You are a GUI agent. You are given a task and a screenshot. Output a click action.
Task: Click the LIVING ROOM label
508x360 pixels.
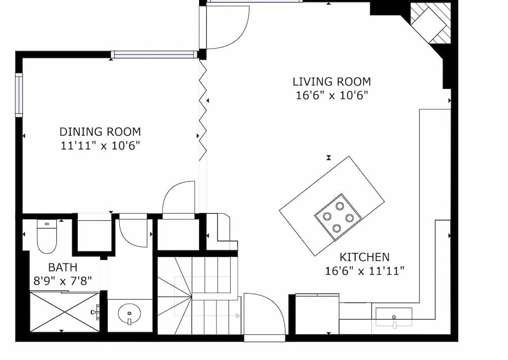331,81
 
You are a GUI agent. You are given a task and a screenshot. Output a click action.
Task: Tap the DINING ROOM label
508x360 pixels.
100,132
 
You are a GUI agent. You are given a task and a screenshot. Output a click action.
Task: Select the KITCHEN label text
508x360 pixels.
364,257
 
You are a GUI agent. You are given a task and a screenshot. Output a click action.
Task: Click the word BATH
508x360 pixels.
62,267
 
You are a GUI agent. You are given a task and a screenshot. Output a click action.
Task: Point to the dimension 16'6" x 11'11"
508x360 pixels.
364,271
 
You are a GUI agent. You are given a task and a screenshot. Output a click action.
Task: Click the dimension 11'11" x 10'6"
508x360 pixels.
100,146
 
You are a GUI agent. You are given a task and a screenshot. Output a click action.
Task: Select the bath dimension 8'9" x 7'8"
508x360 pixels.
62,280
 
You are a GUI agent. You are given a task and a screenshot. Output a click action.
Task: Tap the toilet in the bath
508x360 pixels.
47,237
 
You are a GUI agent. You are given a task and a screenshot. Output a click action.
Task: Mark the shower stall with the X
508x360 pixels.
65,311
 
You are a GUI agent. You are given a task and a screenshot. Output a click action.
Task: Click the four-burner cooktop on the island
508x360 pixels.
338,216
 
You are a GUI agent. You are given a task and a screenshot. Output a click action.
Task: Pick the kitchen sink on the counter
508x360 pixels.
394,317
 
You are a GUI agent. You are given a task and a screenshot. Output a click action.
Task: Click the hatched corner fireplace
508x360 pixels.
430,23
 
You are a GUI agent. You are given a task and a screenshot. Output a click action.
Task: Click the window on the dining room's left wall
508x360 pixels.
19,95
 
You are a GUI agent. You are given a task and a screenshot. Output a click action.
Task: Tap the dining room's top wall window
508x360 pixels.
154,54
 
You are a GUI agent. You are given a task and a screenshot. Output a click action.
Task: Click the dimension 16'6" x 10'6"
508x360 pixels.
331,95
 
